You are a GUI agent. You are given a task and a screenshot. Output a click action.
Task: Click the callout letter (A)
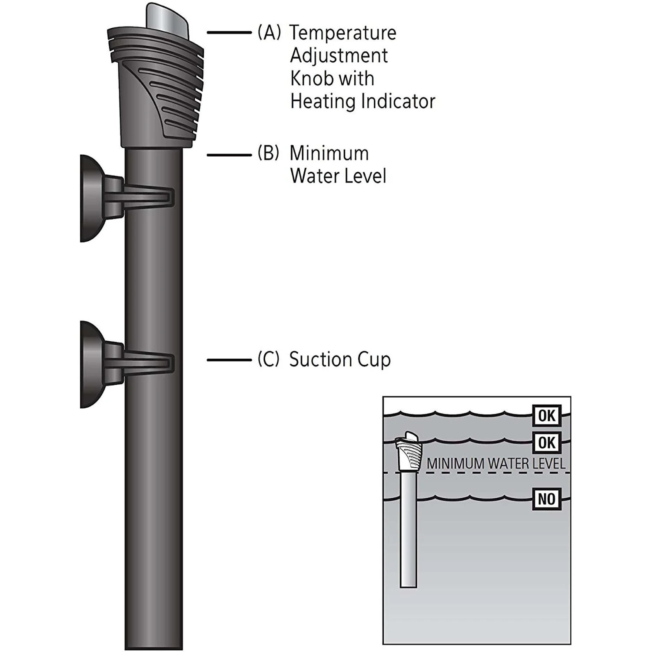coord(269,33)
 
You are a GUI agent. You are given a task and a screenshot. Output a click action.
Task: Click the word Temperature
coord(343,33)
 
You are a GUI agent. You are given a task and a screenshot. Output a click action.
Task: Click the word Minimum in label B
coord(329,153)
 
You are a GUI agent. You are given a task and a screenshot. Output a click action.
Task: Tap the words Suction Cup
coord(340,359)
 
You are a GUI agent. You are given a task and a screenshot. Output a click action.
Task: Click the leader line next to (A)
coord(229,33)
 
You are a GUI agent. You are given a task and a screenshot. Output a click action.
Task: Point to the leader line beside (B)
coord(229,154)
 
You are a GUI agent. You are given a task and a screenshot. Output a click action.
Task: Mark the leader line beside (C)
coord(229,360)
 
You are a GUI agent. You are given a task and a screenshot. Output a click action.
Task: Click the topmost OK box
coord(546,416)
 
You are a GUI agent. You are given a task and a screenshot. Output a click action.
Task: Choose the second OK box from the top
coord(546,442)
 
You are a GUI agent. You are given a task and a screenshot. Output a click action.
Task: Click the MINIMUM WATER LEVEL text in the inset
coord(496,463)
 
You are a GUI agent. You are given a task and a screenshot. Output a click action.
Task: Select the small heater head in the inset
coord(409,452)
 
